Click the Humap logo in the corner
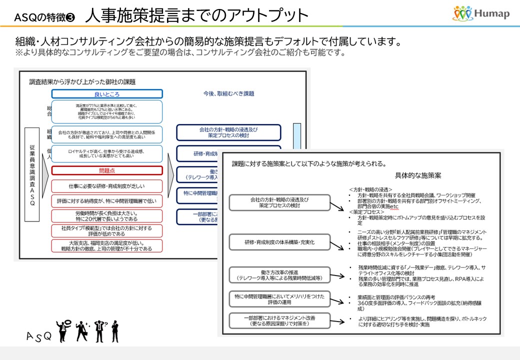[481, 13]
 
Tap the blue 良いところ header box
[107, 94]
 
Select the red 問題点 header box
[107, 170]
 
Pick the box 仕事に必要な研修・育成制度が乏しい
[107, 186]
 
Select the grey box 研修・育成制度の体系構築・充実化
[280, 242]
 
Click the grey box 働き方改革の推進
[280, 274]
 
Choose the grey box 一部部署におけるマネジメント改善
[280, 320]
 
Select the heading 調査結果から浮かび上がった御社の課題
[82, 81]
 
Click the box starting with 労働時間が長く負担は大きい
[107, 215]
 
